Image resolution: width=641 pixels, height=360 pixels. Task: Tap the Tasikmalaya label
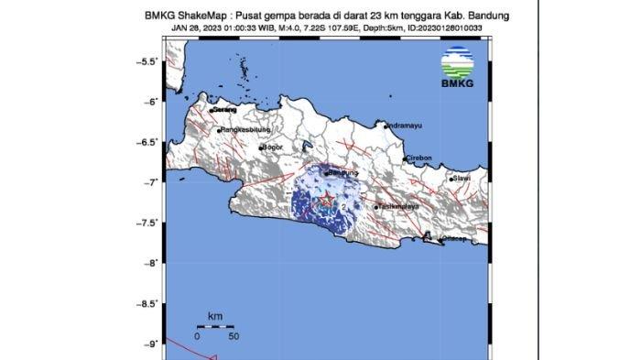tap(397, 207)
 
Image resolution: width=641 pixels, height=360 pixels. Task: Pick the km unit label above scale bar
tap(214, 315)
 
